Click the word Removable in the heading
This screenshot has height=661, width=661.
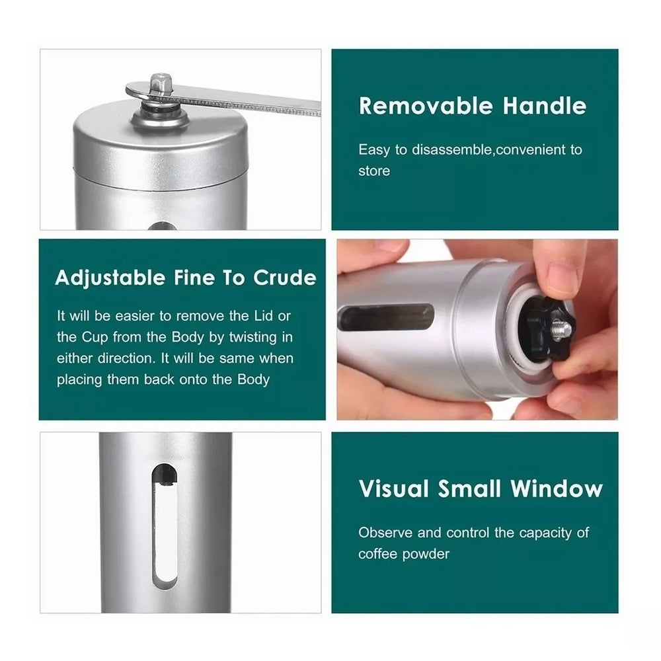pyautogui.click(x=425, y=106)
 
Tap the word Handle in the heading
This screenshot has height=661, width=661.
pyautogui.click(x=544, y=106)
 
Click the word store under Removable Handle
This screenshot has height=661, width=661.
pyautogui.click(x=374, y=171)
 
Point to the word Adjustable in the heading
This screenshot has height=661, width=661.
pyautogui.click(x=110, y=278)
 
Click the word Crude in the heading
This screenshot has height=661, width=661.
pyautogui.click(x=284, y=278)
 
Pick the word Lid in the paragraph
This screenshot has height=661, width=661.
pyautogui.click(x=264, y=316)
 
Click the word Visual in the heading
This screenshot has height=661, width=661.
pyautogui.click(x=394, y=489)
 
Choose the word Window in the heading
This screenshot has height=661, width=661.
pyautogui.click(x=557, y=489)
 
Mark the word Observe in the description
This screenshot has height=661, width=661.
pyautogui.click(x=385, y=533)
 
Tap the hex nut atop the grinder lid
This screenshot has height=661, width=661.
pyautogui.click(x=161, y=85)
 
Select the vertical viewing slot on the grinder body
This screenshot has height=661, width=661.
pyautogui.click(x=165, y=527)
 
